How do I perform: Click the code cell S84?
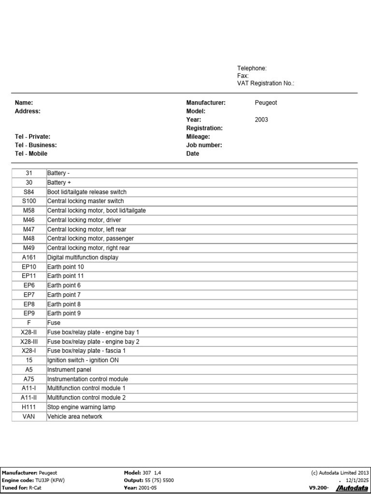click(29, 192)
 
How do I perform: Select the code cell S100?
click(29, 201)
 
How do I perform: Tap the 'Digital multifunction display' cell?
click(83, 258)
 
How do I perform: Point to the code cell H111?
click(29, 407)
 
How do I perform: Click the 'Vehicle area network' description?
click(74, 416)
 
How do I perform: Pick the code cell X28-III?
click(29, 342)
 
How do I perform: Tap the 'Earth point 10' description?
click(65, 267)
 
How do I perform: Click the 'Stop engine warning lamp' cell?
click(81, 407)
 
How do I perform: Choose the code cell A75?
click(29, 379)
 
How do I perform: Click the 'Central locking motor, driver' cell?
click(84, 220)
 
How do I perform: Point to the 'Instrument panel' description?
click(69, 370)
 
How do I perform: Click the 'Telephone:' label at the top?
click(252, 69)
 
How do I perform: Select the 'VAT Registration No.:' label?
click(266, 83)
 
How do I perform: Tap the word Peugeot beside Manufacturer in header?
click(266, 103)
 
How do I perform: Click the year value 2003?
click(261, 120)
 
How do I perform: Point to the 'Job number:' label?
click(204, 145)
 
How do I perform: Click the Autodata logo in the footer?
click(352, 488)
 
